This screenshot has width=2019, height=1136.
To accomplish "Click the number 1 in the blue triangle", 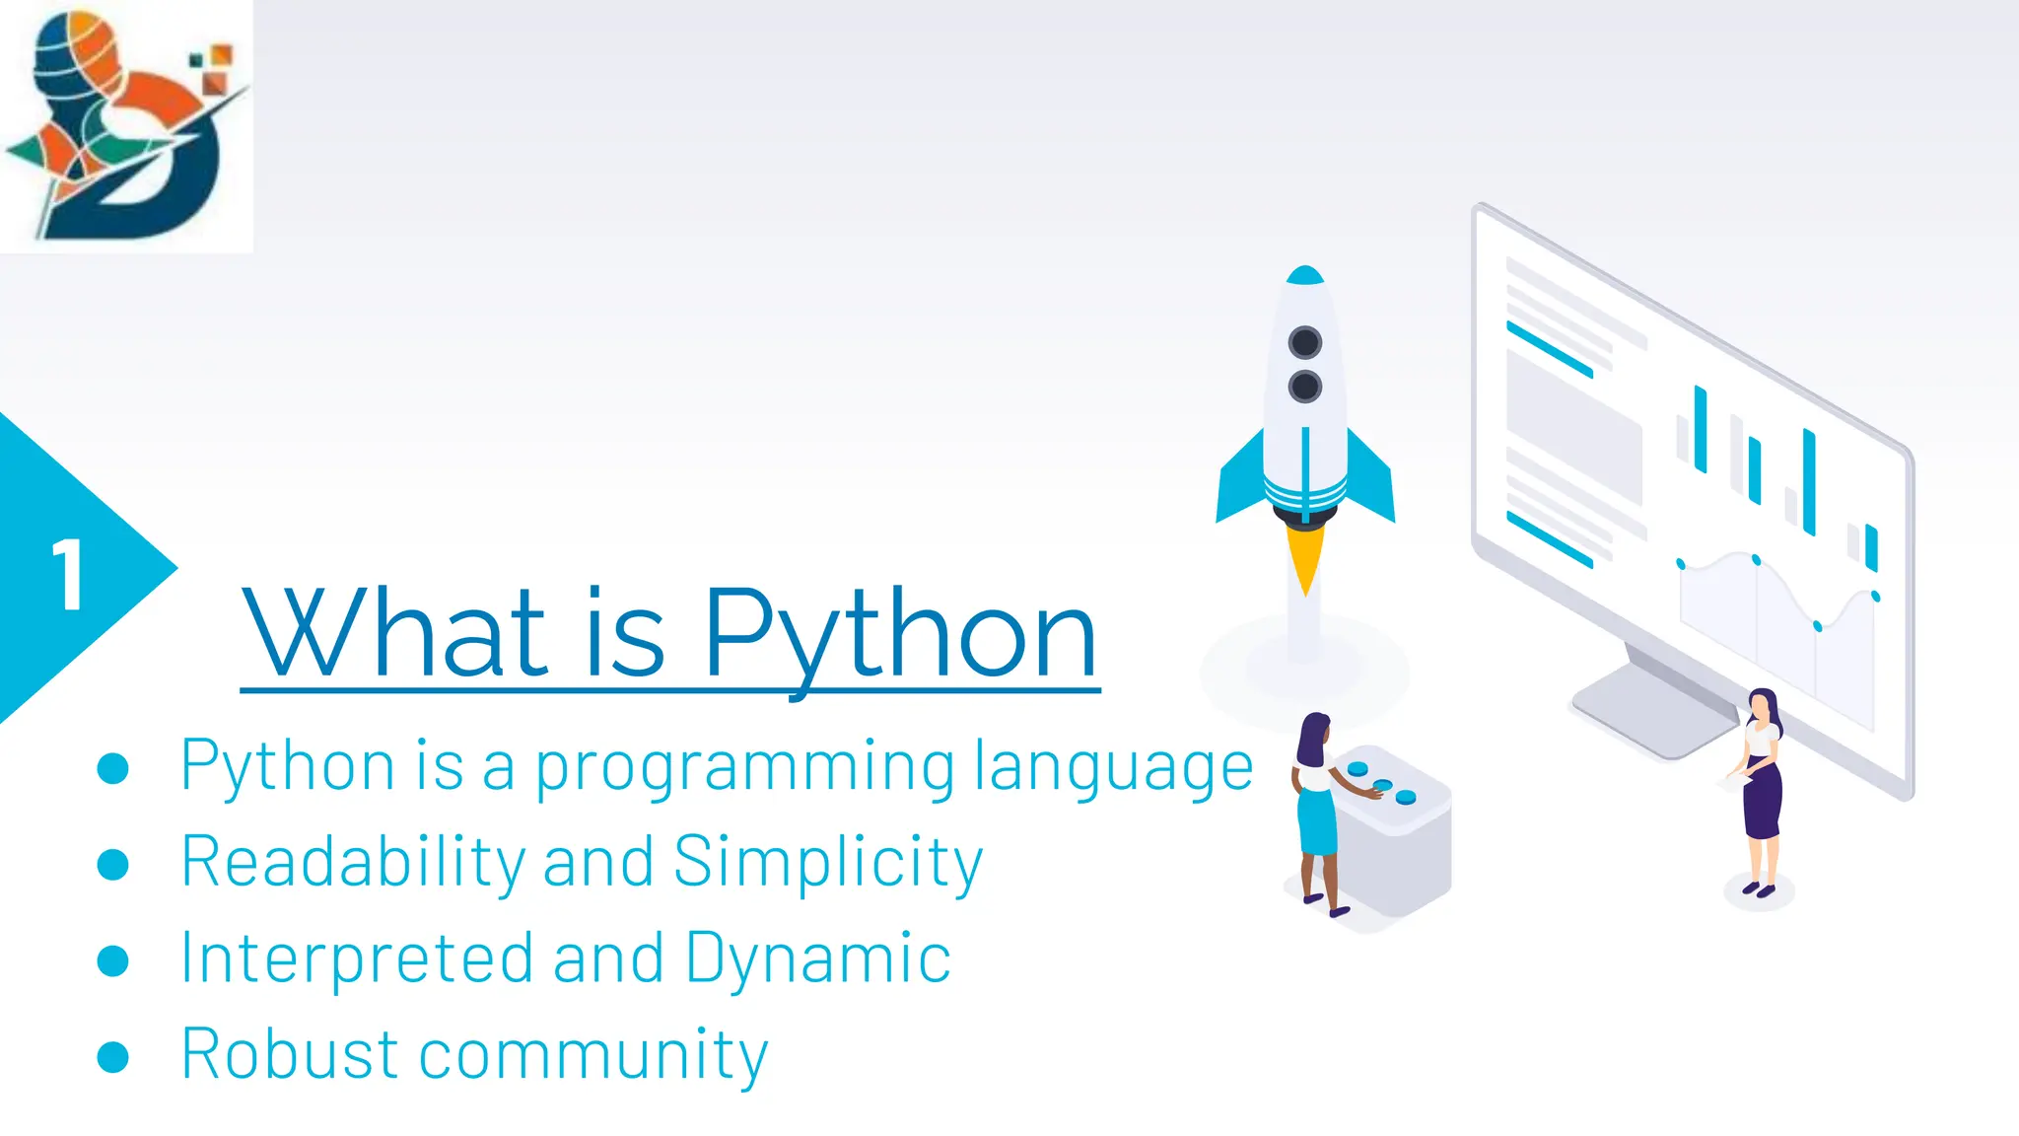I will (x=67, y=575).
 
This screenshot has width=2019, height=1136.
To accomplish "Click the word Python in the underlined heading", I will (x=899, y=633).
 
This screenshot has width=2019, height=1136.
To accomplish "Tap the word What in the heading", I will (x=394, y=633).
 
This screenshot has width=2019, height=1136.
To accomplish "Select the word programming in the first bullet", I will (x=744, y=767).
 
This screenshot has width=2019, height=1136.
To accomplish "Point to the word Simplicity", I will (x=828, y=862).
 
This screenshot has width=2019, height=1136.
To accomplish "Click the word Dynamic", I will (x=817, y=958).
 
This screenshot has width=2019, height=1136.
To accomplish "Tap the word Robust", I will (x=290, y=1054).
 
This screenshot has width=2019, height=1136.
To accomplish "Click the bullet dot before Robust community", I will (x=113, y=1056).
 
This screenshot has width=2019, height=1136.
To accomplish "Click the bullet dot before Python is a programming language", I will (x=113, y=768).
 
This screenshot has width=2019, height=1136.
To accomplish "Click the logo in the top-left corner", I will (x=126, y=126).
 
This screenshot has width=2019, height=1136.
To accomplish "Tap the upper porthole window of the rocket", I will (x=1304, y=343).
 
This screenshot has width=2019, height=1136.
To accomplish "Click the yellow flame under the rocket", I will (x=1304, y=557).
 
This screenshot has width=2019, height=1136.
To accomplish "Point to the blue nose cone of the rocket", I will (x=1305, y=275).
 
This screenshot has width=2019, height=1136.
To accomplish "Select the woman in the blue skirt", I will (x=1316, y=809).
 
